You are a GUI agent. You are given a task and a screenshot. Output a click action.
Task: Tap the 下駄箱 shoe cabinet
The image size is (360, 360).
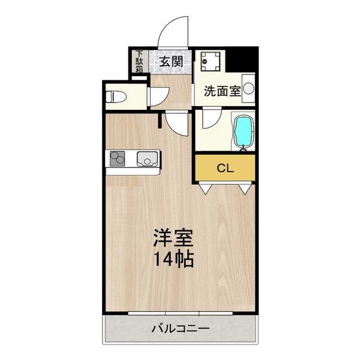pyautogui.click(x=139, y=61)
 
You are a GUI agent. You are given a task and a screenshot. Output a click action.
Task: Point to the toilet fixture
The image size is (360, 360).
pyautogui.click(x=116, y=95)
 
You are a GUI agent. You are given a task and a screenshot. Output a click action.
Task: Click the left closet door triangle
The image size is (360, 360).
pyautogui.click(x=206, y=189)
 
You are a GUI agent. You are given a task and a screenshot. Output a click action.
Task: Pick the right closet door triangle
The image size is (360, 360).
pyautogui.click(x=244, y=189)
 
